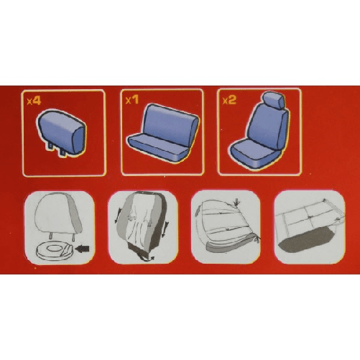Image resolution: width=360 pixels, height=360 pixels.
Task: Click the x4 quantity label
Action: [34, 101]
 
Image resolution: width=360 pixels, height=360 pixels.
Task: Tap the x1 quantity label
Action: [131, 101]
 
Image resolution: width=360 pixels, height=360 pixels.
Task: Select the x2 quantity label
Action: [229, 100]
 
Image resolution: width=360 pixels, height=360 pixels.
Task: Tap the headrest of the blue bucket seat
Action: [272, 103]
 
